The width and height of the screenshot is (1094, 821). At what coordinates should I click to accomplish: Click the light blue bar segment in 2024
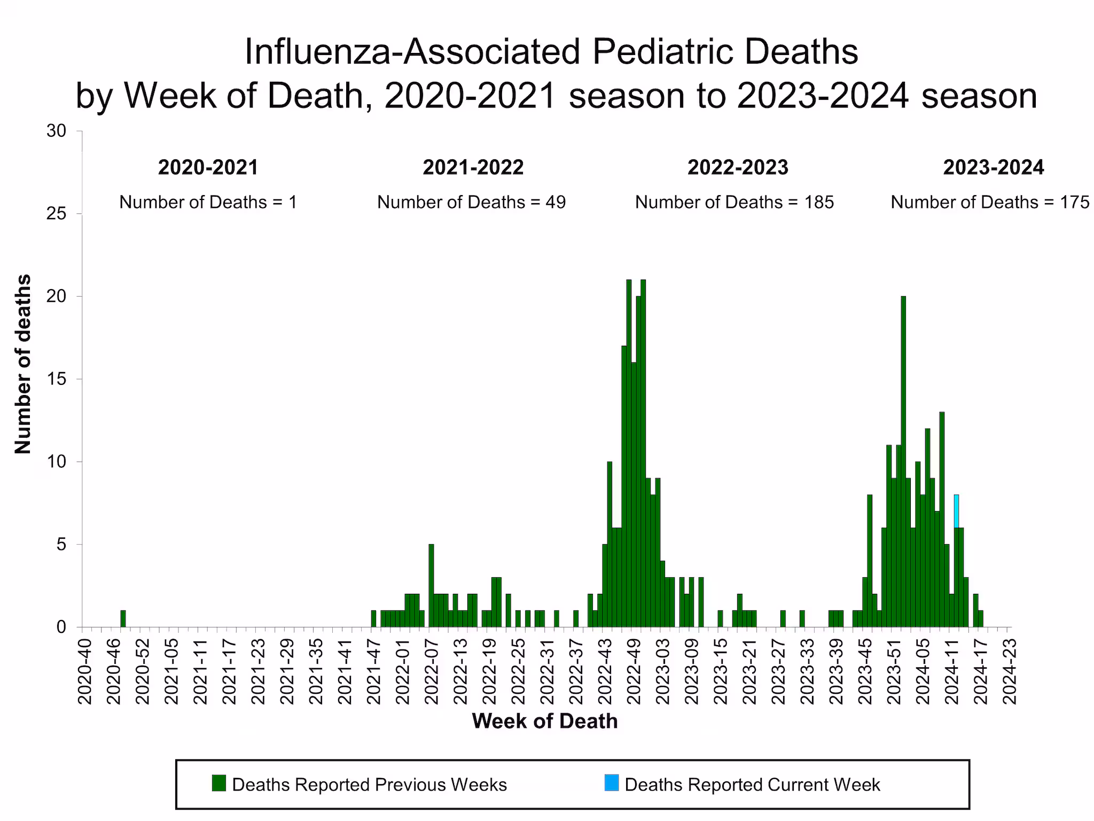956,511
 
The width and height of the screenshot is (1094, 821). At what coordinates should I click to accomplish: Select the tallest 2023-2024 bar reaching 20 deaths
903,460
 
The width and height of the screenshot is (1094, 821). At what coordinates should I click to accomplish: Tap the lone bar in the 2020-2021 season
123,618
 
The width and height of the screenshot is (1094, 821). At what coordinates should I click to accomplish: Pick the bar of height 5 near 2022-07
432,585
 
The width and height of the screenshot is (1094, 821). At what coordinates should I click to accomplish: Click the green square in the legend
219,783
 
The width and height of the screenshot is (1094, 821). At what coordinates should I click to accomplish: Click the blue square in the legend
612,783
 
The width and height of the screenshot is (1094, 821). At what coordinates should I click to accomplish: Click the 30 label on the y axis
57,131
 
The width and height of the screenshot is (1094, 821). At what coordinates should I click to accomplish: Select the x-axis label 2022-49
634,671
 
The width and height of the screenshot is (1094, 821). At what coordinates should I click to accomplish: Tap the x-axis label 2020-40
85,671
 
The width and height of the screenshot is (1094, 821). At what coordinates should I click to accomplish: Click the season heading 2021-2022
473,167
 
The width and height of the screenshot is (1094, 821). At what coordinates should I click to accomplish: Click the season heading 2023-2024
993,167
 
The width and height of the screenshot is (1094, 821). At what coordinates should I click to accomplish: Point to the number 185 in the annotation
819,202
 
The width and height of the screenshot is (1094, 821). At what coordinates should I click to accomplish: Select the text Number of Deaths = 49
471,202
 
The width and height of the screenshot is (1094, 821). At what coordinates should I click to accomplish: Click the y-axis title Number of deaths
23,364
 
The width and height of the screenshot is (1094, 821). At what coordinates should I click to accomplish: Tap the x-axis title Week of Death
544,721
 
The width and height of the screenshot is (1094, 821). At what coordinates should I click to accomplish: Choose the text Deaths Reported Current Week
752,785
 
